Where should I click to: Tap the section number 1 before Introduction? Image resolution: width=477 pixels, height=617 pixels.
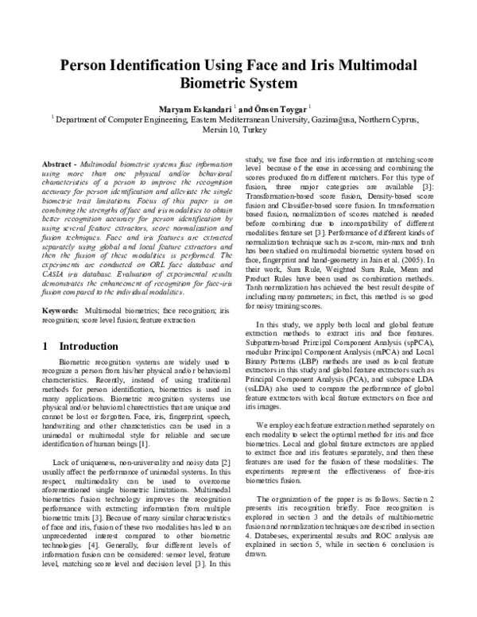(x=47, y=347)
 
